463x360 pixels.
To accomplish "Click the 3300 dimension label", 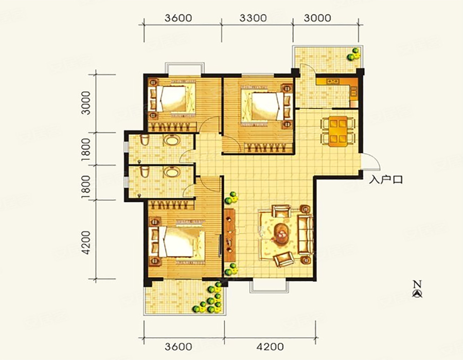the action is (253, 18).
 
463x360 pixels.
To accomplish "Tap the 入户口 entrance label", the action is (386, 179).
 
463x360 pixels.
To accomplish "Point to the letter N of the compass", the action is (417, 284).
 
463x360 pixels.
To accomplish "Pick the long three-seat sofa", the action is (306, 235).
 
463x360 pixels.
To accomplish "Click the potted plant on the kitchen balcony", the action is (354, 54).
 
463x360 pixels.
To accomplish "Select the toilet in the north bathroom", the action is (145, 140).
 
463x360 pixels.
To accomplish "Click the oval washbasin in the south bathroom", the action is (171, 172).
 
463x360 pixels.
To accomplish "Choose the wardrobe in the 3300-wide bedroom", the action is (269, 147).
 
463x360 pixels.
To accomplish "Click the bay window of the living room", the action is (269, 286).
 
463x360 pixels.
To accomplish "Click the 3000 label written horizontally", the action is (317, 18).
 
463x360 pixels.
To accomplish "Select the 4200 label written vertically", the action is (86, 243).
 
